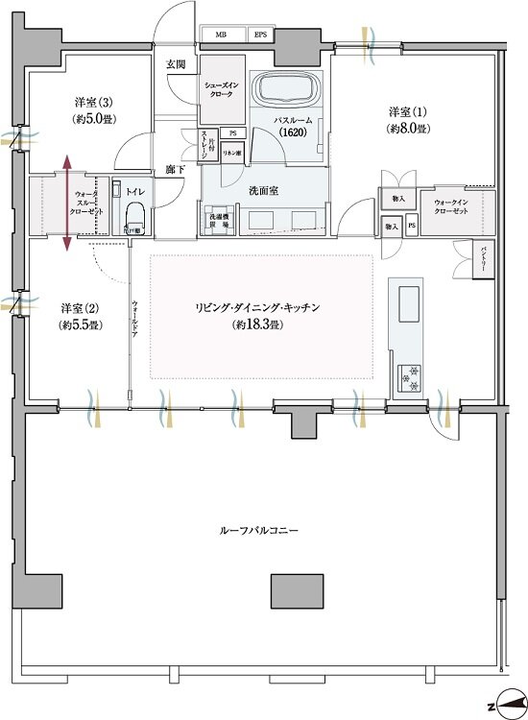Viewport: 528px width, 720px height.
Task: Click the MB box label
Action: pos(222,36)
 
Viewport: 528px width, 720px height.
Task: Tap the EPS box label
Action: pos(260,36)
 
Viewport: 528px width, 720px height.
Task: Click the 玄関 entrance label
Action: pos(175,64)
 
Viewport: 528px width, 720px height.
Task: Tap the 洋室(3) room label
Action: pos(93,108)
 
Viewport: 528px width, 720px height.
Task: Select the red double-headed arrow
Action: pos(67,204)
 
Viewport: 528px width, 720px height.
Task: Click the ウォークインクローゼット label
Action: pos(450,207)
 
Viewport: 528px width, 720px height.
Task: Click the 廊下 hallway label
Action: pos(174,168)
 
